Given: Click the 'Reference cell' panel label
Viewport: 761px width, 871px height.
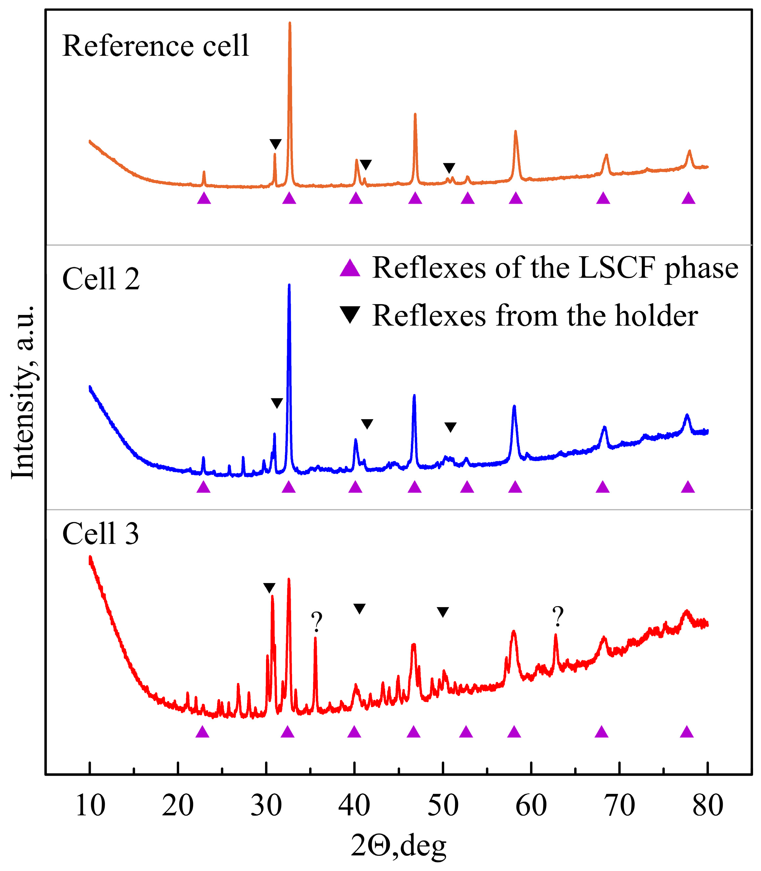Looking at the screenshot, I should (x=155, y=46).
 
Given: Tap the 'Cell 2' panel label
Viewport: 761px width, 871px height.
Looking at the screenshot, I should (x=101, y=279).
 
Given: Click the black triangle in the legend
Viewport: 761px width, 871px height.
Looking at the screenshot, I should (x=350, y=315).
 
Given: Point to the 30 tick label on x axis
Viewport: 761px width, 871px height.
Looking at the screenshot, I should (x=266, y=805).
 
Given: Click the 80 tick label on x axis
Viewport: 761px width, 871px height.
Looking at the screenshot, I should (x=708, y=805).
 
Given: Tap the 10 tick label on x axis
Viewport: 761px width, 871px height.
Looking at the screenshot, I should (x=90, y=805).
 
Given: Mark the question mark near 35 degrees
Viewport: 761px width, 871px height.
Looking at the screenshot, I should (x=316, y=622).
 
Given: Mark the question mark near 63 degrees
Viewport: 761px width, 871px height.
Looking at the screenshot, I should (x=558, y=616).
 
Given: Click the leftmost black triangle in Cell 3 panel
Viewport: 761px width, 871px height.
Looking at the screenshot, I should (x=269, y=588).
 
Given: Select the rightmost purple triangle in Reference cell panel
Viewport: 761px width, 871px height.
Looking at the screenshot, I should (x=688, y=198).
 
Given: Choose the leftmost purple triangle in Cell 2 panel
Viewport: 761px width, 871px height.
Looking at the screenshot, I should (x=203, y=487).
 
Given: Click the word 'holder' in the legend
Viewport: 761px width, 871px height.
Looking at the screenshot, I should (x=656, y=316).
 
